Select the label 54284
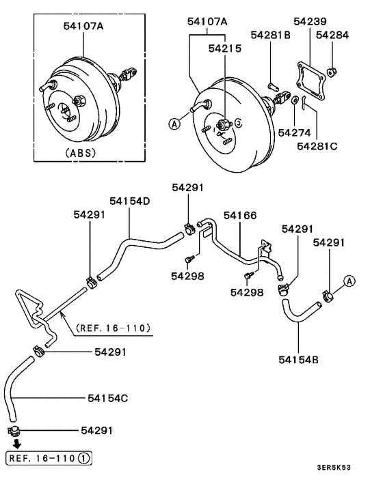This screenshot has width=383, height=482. pyautogui.click(x=332, y=34)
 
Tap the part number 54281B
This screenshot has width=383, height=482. pyautogui.click(x=271, y=34)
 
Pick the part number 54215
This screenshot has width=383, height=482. pyautogui.click(x=225, y=48)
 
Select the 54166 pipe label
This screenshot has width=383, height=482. pyautogui.click(x=239, y=216)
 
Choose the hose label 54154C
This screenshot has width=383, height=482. pyautogui.click(x=108, y=397)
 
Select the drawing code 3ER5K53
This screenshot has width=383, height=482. pyautogui.click(x=353, y=468)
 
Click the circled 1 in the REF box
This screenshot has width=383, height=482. pyautogui.click(x=82, y=457)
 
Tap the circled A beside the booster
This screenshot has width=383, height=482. pyautogui.click(x=175, y=124)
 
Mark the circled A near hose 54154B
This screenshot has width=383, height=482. pyautogui.click(x=349, y=280)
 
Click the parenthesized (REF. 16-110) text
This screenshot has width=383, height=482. pyautogui.click(x=114, y=327)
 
